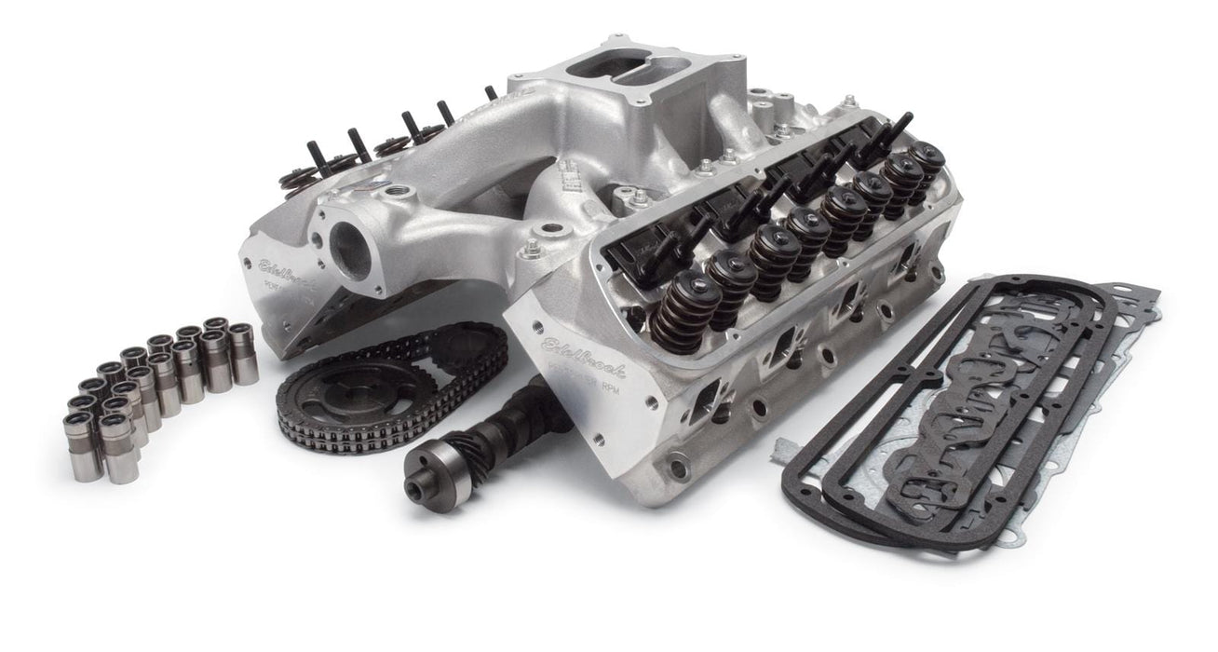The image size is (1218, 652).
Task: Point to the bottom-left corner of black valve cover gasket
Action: tap(796, 508)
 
